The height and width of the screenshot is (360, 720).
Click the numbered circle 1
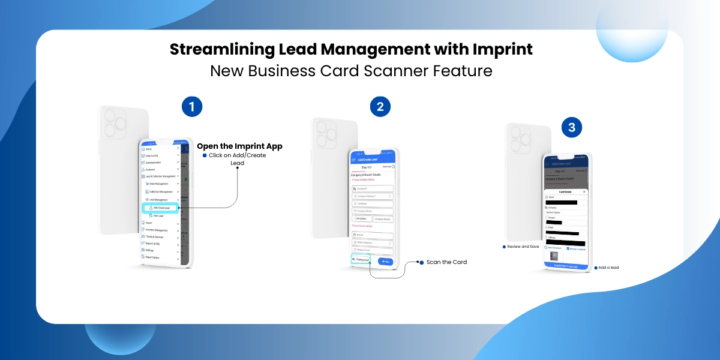tap(192, 107)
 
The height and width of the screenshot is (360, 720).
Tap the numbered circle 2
tap(380, 107)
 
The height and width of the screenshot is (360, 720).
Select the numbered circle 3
tap(572, 128)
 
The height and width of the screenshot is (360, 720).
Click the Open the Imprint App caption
tap(239, 146)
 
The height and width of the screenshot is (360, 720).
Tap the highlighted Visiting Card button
tap(361, 259)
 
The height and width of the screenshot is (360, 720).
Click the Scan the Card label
tap(446, 262)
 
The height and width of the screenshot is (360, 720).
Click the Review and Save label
tap(523, 247)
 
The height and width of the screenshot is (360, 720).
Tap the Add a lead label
tap(608, 268)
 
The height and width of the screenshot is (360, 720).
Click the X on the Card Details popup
tap(584, 192)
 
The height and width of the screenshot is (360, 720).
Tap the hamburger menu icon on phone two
tap(353, 160)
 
